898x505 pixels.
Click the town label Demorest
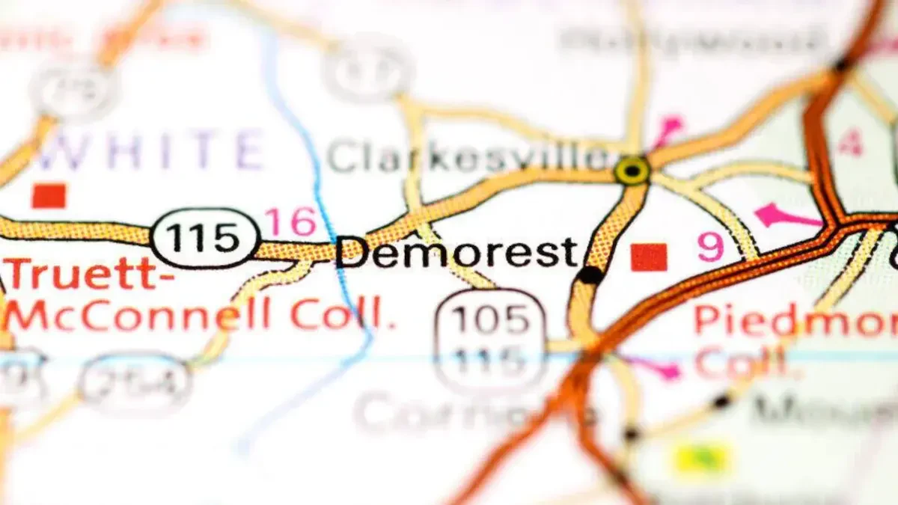456,253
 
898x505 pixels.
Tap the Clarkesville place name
468,158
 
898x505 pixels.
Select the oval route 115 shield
204,239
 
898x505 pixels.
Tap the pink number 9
711,248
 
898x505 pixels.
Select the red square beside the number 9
648,257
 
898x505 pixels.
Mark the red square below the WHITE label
49,196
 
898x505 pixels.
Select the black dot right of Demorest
590,275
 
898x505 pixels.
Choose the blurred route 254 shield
135,385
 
